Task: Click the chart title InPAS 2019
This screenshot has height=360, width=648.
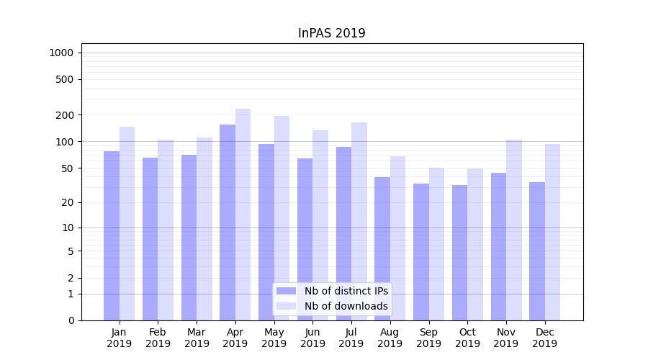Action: pyautogui.click(x=331, y=33)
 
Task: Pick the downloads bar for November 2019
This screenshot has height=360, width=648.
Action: pyautogui.click(x=514, y=230)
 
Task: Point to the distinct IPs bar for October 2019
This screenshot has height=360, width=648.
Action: pyautogui.click(x=460, y=252)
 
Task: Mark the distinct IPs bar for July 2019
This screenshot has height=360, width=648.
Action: pyautogui.click(x=343, y=233)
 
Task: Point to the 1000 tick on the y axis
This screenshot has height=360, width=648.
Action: pyautogui.click(x=61, y=53)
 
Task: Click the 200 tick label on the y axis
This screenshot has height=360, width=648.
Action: pyautogui.click(x=65, y=115)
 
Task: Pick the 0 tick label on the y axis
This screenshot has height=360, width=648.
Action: pyautogui.click(x=71, y=320)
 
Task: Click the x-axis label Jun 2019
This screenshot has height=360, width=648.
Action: pyautogui.click(x=312, y=338)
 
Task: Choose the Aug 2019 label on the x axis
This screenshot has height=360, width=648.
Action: pyautogui.click(x=390, y=338)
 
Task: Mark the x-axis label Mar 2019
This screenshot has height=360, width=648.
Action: pyautogui.click(x=197, y=338)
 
